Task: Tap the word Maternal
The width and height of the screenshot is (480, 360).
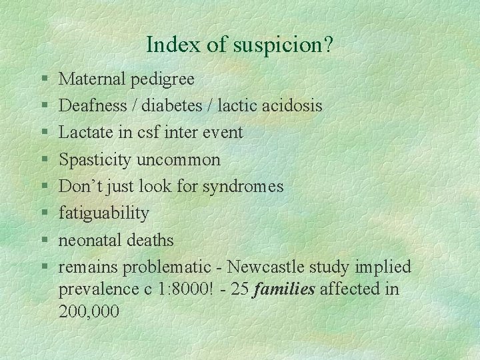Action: [x=93, y=79]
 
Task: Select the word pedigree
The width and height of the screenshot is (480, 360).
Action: [x=163, y=80]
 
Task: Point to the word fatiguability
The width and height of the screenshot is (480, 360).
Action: [x=104, y=213]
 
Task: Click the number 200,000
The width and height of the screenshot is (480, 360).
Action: [x=89, y=311]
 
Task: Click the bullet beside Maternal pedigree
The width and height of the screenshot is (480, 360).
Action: [x=43, y=80]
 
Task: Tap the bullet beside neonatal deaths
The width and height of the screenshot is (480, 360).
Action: [x=43, y=240]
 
